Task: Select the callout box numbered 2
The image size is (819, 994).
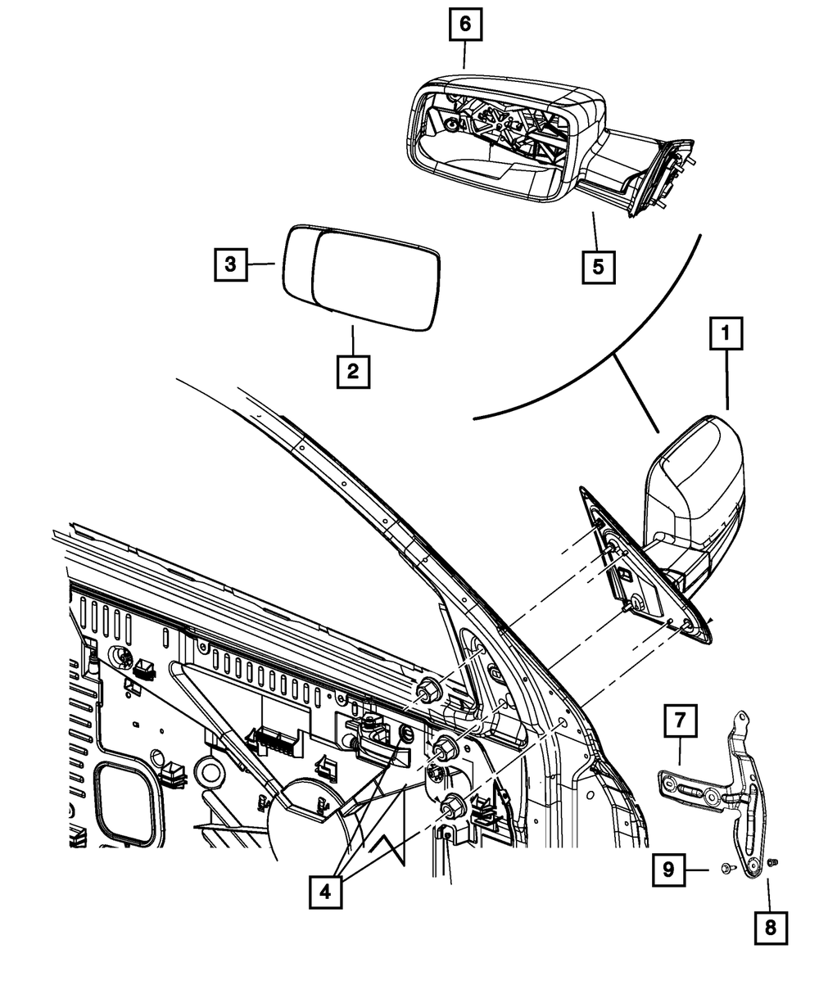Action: coord(352,371)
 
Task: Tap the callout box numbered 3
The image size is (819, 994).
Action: coord(232,264)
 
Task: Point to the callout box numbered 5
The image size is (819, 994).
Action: coord(599,267)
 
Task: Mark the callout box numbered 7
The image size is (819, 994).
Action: coord(681,721)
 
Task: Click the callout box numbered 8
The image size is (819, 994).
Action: coord(771,928)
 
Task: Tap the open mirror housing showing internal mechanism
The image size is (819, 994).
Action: coord(491,139)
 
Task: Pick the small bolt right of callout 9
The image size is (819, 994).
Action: coord(726,869)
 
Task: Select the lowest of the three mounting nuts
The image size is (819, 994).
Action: coord(453,807)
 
